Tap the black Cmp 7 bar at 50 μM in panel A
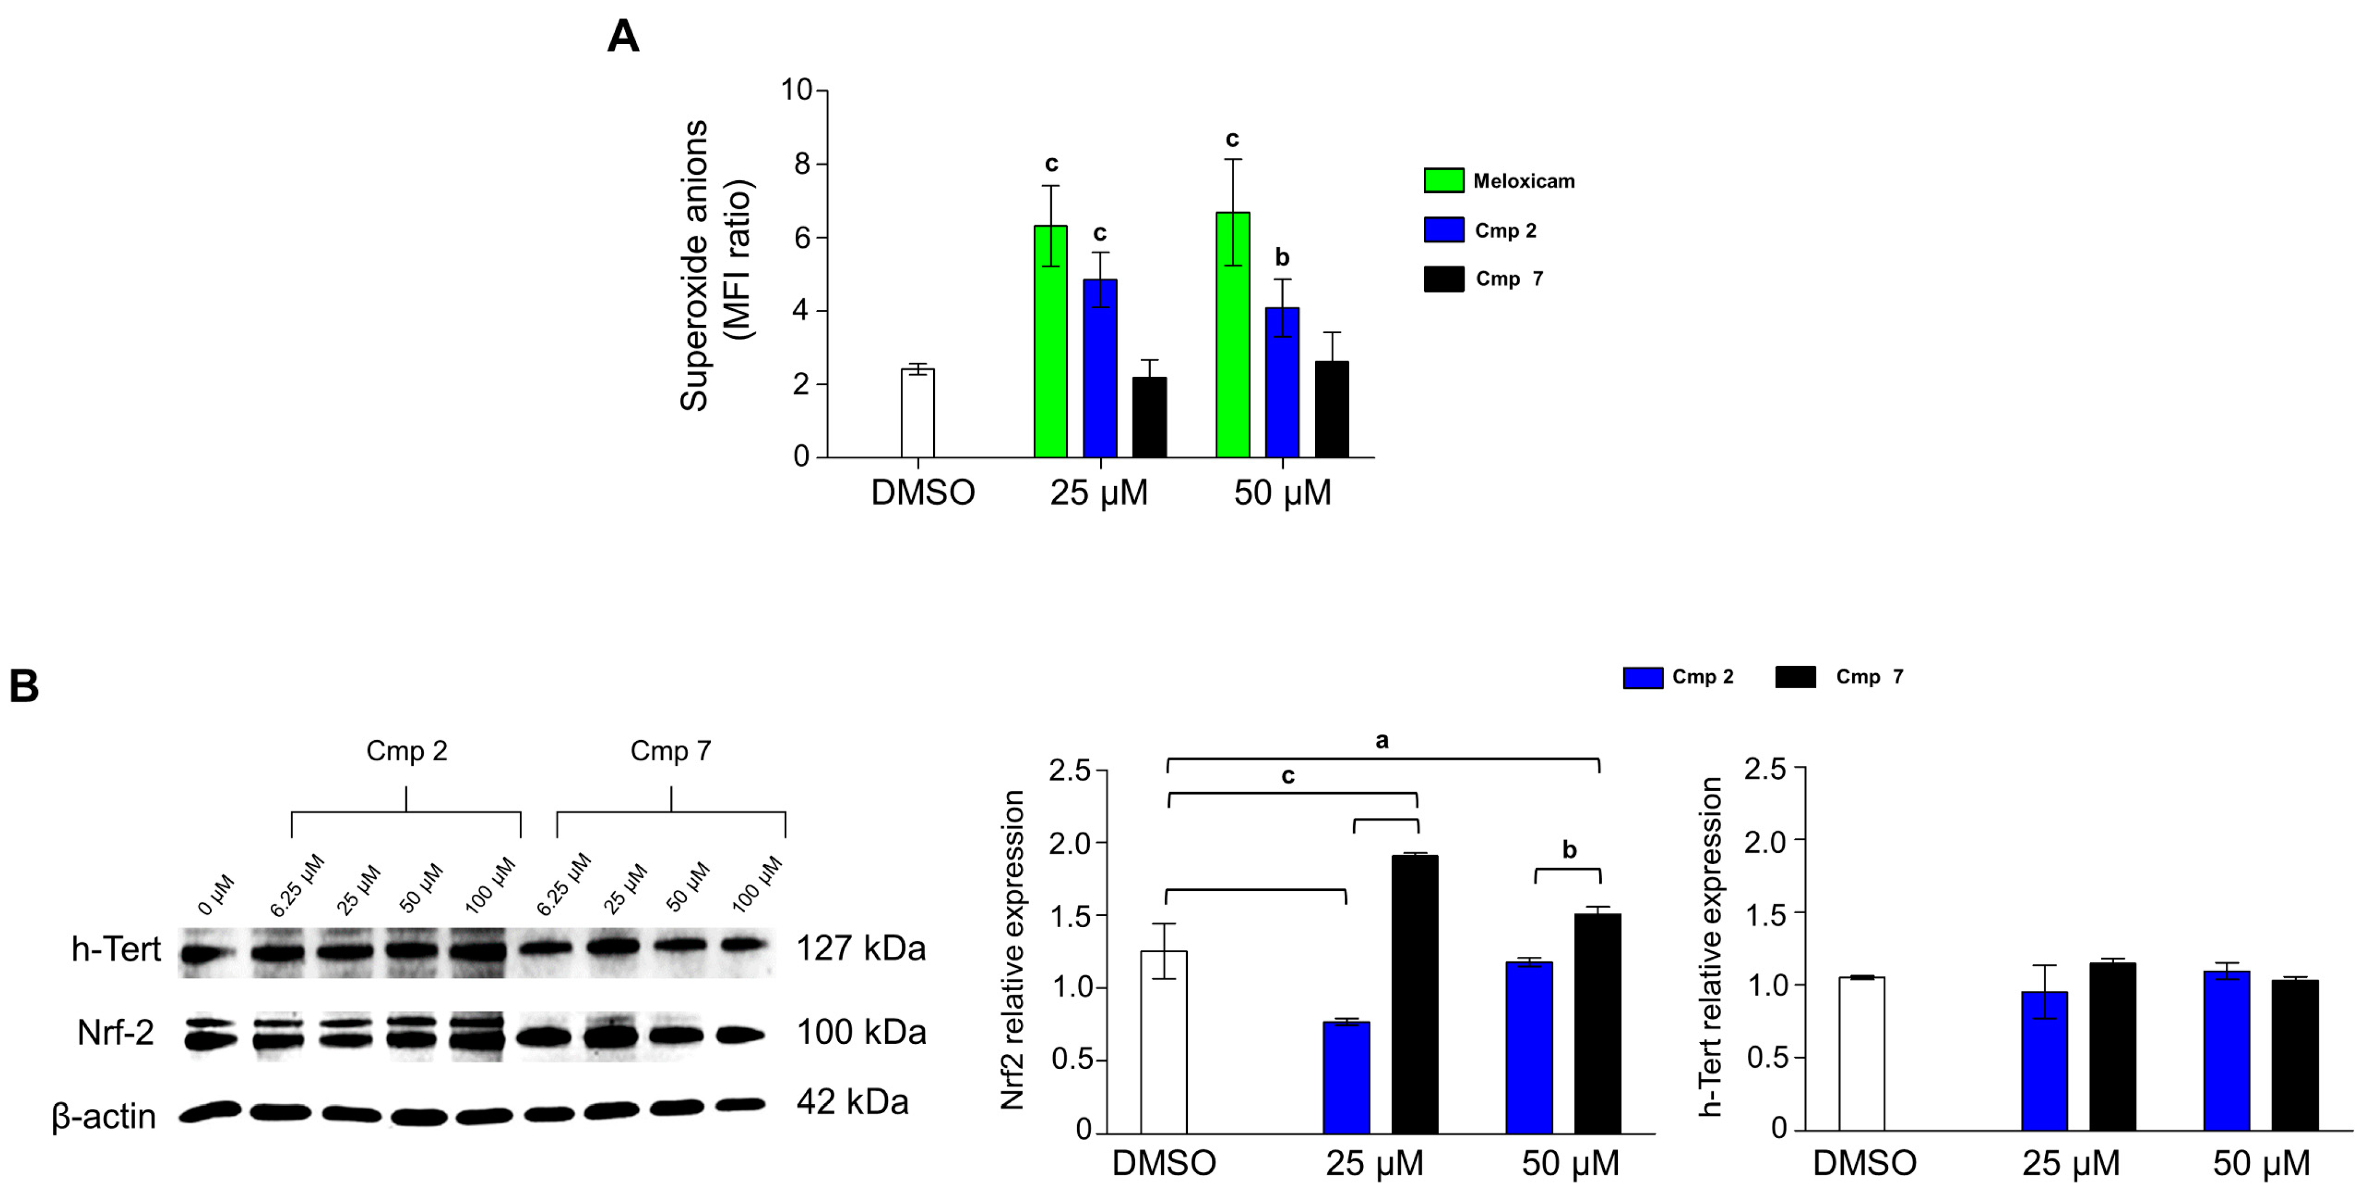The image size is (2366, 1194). tap(1332, 410)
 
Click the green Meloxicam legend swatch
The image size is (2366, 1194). tap(1443, 180)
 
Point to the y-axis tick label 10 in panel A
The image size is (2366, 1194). tap(796, 90)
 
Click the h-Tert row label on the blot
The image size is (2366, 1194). tap(116, 949)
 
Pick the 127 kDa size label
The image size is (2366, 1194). tap(861, 948)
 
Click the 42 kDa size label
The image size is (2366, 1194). tap(852, 1101)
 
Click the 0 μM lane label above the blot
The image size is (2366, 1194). tap(217, 895)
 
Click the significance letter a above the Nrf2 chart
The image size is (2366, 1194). tap(1382, 740)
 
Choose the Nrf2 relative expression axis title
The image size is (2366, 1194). tap(1012, 951)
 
